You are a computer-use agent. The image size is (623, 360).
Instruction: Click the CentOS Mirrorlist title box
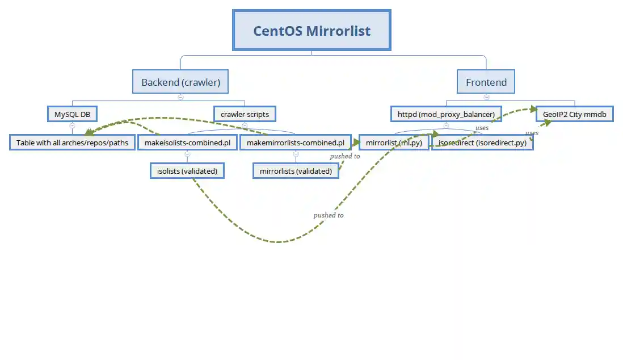[311, 30]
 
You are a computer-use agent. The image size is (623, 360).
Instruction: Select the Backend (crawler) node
[180, 82]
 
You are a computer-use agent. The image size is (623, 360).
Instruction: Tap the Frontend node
[486, 82]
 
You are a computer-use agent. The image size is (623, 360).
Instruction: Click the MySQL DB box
[72, 114]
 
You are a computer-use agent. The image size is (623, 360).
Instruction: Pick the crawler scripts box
[245, 114]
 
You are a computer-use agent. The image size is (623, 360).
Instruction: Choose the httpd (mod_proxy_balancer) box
[446, 114]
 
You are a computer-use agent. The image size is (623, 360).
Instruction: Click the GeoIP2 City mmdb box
[575, 114]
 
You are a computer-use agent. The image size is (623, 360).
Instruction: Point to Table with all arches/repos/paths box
[72, 142]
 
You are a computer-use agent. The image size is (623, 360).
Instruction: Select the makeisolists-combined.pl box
[187, 142]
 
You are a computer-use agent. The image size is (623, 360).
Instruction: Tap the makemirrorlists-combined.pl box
[295, 142]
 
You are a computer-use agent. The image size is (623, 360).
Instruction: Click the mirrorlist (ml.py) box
[394, 143]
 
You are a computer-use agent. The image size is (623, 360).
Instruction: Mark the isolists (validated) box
[187, 170]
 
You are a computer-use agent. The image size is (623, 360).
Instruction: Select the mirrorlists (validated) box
[296, 170]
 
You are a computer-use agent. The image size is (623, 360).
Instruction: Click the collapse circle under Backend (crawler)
[180, 97]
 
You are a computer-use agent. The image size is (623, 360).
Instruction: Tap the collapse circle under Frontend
[486, 97]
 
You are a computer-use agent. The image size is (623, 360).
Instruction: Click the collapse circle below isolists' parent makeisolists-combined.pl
[187, 154]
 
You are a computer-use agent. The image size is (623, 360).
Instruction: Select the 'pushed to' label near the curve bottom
[328, 215]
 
